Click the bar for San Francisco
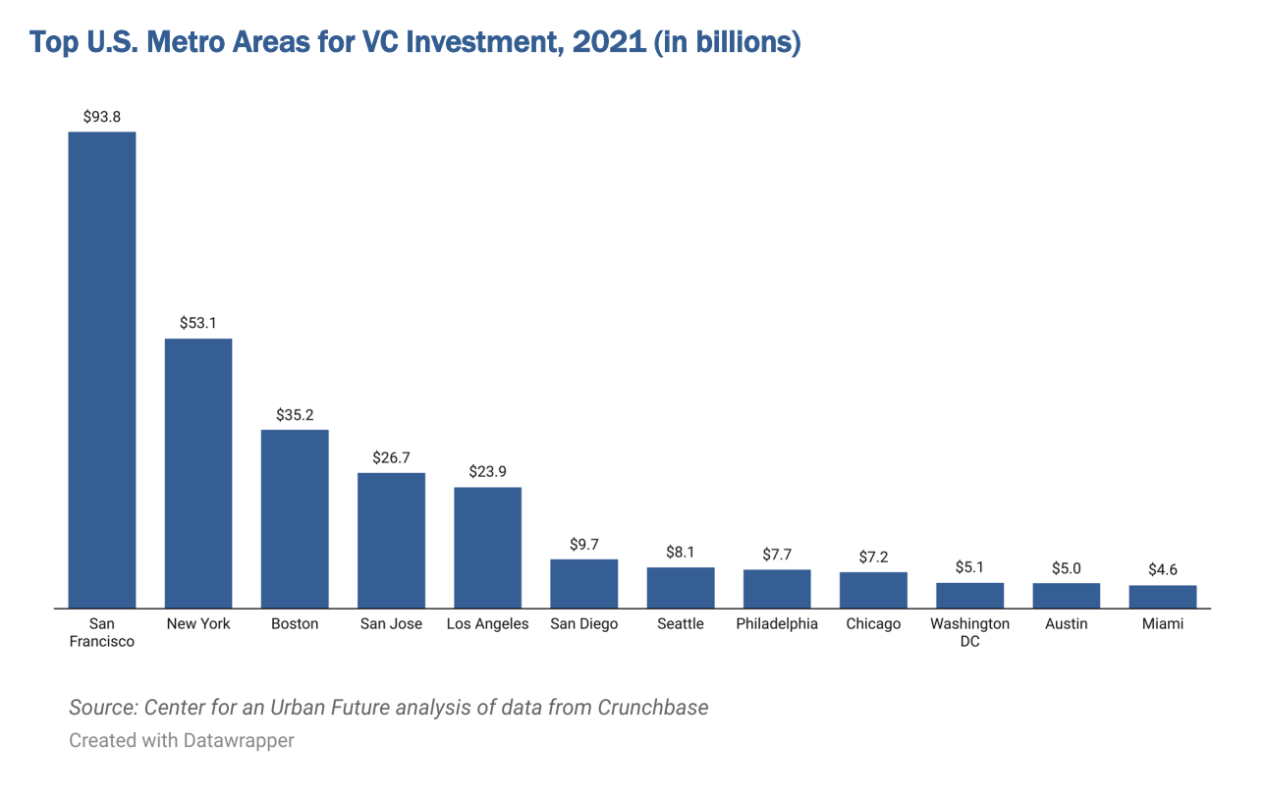101,370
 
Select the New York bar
197,473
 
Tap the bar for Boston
295,518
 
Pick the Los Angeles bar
487,548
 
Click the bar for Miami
1162,597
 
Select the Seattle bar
680,588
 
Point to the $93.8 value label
101,116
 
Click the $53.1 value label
197,322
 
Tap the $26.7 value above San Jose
391,457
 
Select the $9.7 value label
583,544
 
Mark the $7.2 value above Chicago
873,557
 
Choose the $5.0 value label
1066,567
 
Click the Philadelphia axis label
777,624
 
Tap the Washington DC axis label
969,633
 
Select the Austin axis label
1066,624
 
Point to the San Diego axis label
583,624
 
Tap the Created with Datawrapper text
182,740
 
